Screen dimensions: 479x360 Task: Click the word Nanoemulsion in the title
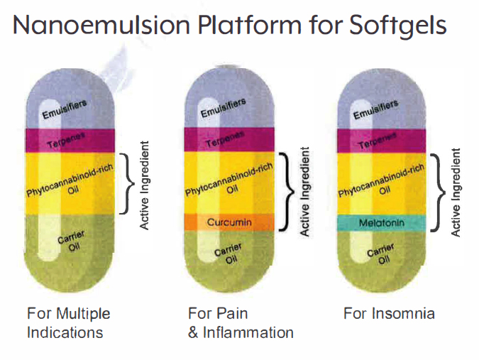pos(101,24)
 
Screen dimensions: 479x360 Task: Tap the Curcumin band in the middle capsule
pos(229,222)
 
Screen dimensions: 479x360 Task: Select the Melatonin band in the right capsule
pos(382,223)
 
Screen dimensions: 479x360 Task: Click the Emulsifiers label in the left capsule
pos(65,109)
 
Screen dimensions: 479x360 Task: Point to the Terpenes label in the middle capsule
pos(225,139)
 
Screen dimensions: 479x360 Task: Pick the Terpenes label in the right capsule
pos(378,141)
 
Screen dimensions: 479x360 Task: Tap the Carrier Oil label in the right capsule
pos(381,253)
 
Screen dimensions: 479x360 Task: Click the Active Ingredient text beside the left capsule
pos(144,185)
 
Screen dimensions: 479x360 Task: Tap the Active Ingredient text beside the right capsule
pos(456,192)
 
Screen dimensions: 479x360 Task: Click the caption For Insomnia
pos(389,314)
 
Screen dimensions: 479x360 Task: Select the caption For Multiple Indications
pos(68,323)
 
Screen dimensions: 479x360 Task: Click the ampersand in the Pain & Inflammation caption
pos(193,333)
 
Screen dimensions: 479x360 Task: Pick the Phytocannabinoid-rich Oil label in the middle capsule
pos(229,180)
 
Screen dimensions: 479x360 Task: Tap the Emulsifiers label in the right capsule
pos(375,109)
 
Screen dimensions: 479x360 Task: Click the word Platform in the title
pos(250,24)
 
